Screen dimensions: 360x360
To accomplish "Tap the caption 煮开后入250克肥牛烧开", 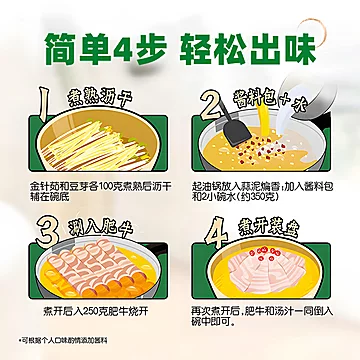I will pos(90,314).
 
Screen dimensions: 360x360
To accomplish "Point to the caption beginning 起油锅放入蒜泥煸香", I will pos(267,191).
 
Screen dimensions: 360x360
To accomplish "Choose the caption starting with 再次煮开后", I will pos(267,320).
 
